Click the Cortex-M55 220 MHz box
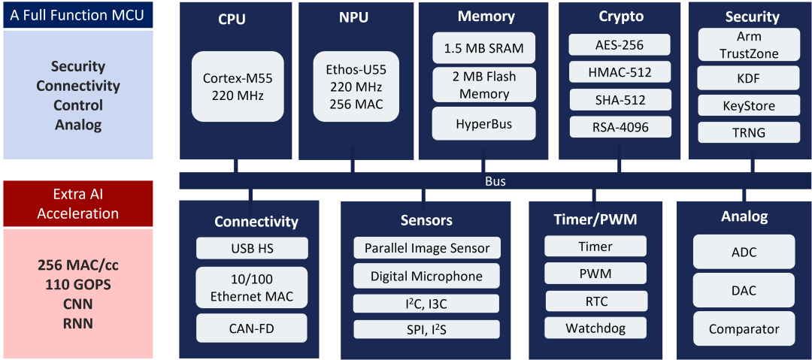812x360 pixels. click(x=238, y=86)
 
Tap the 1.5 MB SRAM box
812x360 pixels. click(x=484, y=49)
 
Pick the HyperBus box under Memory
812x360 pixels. click(x=484, y=123)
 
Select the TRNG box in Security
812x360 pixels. click(x=749, y=133)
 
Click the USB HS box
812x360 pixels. click(x=252, y=248)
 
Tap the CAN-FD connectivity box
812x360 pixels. click(x=252, y=328)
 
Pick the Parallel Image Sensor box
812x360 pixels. click(x=426, y=248)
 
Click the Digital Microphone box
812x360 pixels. click(x=426, y=276)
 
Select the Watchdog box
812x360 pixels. click(x=595, y=328)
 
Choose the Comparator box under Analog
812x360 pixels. click(x=744, y=328)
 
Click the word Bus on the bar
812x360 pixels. click(x=495, y=181)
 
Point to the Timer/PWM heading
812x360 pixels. click(x=595, y=220)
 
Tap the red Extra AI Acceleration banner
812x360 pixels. click(x=78, y=204)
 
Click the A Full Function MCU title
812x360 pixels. click(x=78, y=15)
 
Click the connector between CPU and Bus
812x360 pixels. click(x=238, y=166)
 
